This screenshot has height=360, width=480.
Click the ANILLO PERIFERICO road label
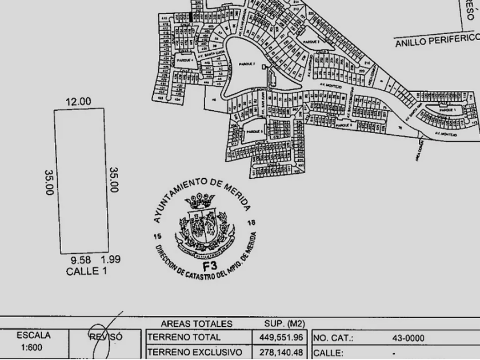click(x=437, y=41)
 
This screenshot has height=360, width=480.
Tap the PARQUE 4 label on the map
click(x=186, y=59)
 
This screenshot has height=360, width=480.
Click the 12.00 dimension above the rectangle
click(x=78, y=102)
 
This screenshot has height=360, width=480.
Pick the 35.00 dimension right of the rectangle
click(x=113, y=180)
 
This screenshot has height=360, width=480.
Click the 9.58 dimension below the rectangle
click(x=81, y=260)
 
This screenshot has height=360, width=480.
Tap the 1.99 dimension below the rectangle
click(x=110, y=259)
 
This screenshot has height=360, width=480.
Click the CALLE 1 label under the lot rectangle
click(x=86, y=271)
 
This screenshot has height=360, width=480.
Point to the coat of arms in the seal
click(x=203, y=223)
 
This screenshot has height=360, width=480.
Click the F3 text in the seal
click(x=210, y=266)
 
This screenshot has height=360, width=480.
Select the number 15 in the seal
click(x=158, y=236)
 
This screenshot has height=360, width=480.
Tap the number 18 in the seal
click(x=251, y=223)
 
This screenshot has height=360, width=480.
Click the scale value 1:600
click(x=33, y=347)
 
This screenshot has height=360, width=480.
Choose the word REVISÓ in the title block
click(x=105, y=337)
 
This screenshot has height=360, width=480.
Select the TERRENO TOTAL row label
click(x=183, y=338)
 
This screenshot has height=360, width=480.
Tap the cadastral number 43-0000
click(x=408, y=338)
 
